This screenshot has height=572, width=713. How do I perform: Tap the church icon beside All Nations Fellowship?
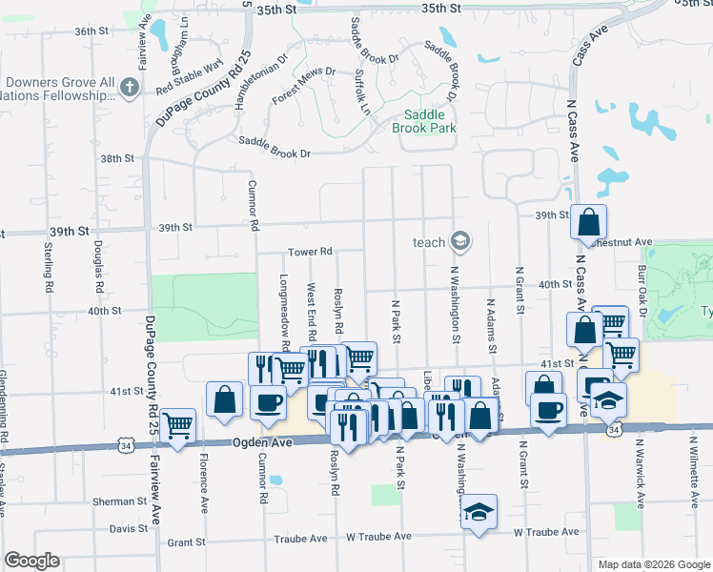click(130, 88)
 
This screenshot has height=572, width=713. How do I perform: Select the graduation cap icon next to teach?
click(461, 241)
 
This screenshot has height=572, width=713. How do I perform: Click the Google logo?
click(31, 561)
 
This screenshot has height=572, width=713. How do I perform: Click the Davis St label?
click(129, 528)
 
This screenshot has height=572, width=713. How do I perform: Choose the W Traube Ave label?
click(545, 532)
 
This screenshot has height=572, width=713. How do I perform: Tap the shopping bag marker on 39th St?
click(589, 221)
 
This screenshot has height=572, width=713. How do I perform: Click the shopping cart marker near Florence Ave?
click(177, 426)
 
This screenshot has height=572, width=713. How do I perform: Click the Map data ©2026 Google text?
click(654, 564)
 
